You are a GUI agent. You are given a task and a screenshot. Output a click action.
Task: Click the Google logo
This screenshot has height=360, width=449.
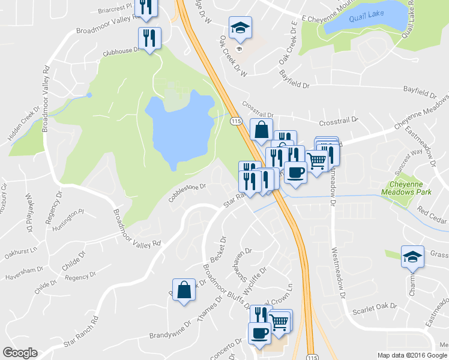(x=19, y=353)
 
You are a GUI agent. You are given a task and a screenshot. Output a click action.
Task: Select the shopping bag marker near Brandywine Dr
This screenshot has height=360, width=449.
(x=184, y=290)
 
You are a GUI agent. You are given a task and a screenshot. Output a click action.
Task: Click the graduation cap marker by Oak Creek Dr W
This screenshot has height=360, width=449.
(x=240, y=28)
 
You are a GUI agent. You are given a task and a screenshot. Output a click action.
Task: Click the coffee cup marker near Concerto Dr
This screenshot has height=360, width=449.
(x=260, y=333)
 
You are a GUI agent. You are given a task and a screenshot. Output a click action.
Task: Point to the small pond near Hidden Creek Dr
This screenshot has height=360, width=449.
(x=89, y=95)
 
